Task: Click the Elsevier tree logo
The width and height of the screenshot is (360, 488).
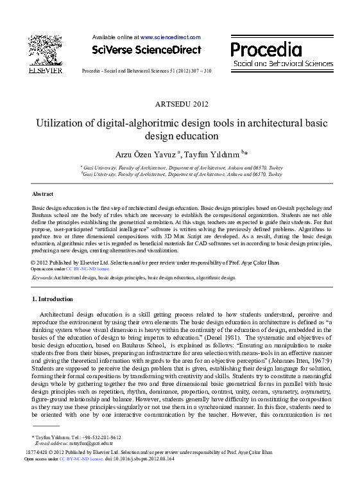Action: pyautogui.click(x=44, y=49)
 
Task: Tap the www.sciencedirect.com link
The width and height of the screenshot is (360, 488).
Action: pyautogui.click(x=170, y=38)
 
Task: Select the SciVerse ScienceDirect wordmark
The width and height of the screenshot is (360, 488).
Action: pyautogui.click(x=146, y=50)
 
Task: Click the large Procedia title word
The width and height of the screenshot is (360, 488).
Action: pyautogui.click(x=266, y=49)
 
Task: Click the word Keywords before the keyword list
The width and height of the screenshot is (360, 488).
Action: pyautogui.click(x=42, y=278)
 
